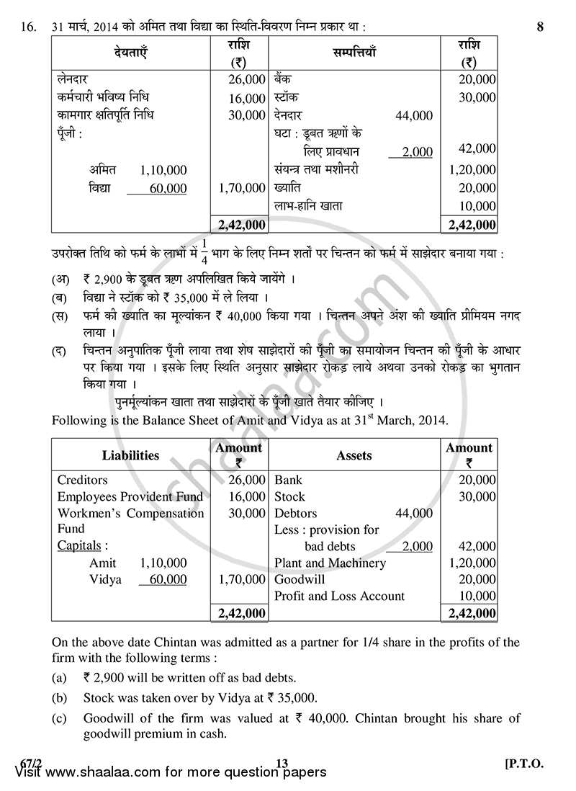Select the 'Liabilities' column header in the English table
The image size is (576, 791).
[130, 455]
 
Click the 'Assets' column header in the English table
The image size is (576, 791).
[354, 455]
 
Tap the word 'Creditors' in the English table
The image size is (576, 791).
[82, 480]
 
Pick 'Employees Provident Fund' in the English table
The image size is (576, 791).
[130, 496]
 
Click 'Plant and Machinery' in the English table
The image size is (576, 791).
[330, 563]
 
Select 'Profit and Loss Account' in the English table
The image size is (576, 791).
[340, 596]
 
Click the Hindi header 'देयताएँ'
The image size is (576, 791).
[130, 53]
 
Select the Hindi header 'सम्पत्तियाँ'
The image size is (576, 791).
[354, 53]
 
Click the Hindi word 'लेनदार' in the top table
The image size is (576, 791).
[71, 79]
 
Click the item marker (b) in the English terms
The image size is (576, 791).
[60, 697]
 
